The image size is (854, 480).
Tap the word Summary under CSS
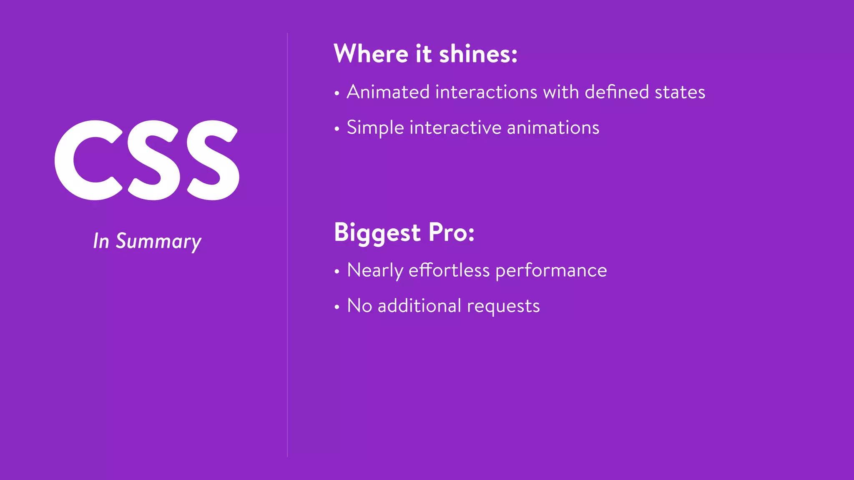(158, 242)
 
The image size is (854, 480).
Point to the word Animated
(388, 92)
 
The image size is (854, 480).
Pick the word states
(680, 92)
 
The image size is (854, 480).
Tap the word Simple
(375, 128)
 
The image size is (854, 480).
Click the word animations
(553, 127)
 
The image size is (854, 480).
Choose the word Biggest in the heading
(377, 233)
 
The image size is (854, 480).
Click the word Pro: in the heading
(451, 232)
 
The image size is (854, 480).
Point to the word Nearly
(375, 271)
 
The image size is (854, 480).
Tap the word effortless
(449, 270)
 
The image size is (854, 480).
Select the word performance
(551, 271)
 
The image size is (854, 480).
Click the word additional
(419, 306)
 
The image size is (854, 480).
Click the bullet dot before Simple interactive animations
(337, 129)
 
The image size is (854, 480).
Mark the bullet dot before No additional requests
(337, 307)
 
